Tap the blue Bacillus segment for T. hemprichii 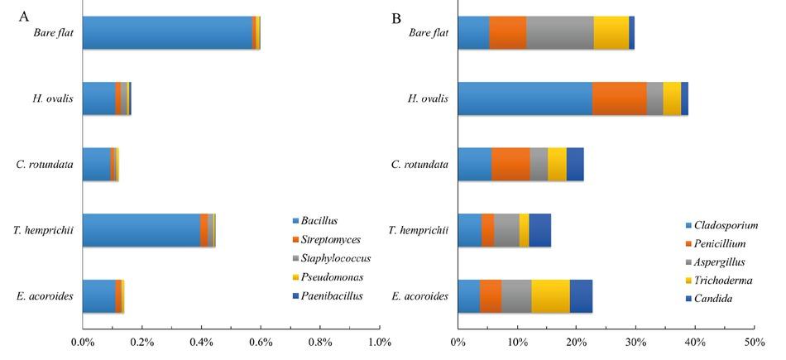[x=141, y=230]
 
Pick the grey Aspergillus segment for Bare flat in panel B [x=560, y=33]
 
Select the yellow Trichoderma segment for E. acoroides [x=550, y=295]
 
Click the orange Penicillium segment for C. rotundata [x=510, y=164]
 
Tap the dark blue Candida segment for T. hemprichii [x=539, y=230]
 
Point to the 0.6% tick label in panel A [x=261, y=342]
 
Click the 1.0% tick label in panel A [x=379, y=342]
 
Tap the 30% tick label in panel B [x=635, y=342]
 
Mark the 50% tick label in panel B [x=754, y=342]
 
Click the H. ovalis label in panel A [x=53, y=98]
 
